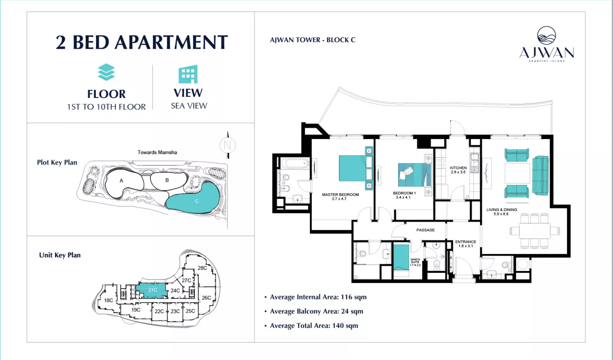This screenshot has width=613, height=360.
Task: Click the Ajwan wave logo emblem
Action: coord(546,35)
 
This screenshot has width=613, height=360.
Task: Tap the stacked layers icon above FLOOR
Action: coord(106,72)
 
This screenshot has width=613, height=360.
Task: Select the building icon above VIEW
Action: coord(188,74)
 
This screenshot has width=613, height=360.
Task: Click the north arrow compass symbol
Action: coord(228,145)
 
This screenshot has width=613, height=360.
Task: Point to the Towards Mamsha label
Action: coord(157,152)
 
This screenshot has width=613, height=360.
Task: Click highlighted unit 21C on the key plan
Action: coord(152,289)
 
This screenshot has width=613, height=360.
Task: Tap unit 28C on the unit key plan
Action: coord(202,268)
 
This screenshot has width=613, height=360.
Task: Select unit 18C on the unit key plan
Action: coord(108,300)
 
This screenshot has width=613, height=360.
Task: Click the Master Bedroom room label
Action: coord(340,196)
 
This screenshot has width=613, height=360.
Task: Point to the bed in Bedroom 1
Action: coord(414,175)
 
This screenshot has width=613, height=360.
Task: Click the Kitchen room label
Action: coord(458,170)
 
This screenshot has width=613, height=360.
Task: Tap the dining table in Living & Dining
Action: coord(535,231)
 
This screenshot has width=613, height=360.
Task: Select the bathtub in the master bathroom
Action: coord(294,164)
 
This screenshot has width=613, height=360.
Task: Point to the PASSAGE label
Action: coord(426,230)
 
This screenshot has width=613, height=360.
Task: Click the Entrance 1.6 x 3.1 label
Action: coord(465,244)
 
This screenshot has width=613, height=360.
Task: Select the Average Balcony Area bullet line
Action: coord(314,311)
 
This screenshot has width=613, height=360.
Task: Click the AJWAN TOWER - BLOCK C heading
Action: coord(312,40)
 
